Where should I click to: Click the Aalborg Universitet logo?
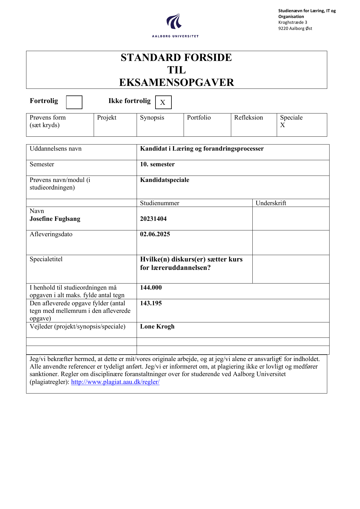pyautogui.click(x=175, y=25)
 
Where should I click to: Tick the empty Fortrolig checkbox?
pyautogui.click(x=74, y=102)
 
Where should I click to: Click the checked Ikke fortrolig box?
pyautogui.click(x=163, y=102)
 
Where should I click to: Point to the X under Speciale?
pyautogui.click(x=283, y=125)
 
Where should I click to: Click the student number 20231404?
pyautogui.click(x=153, y=219)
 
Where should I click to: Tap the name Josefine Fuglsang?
pyautogui.click(x=55, y=219)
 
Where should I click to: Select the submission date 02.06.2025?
pyautogui.click(x=155, y=234)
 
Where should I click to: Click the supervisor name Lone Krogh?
pyautogui.click(x=157, y=326)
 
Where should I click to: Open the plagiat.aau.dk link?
pyautogui.click(x=115, y=382)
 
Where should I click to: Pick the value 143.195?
pyautogui.click(x=151, y=303)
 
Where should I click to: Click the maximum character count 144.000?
pyautogui.click(x=151, y=288)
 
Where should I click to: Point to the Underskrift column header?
pyautogui.click(x=271, y=203)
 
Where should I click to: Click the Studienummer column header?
pyautogui.click(x=160, y=203)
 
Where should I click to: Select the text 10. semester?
pyautogui.click(x=157, y=164)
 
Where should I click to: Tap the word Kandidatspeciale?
pyautogui.click(x=164, y=180)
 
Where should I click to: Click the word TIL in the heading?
pyautogui.click(x=176, y=70)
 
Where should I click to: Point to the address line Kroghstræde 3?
pyautogui.click(x=293, y=22)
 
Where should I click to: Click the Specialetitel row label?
pyautogui.click(x=46, y=259)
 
